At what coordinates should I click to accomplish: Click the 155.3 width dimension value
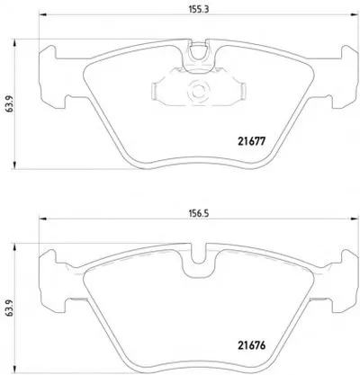[199, 9]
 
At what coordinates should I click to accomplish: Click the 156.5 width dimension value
[199, 213]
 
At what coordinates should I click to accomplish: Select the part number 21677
[252, 141]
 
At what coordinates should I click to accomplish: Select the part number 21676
[252, 345]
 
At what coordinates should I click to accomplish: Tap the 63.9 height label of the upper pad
[10, 104]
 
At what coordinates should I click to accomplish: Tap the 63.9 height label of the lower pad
[10, 309]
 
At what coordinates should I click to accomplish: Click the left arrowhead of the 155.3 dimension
[43, 14]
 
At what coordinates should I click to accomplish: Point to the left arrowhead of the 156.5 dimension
[43, 219]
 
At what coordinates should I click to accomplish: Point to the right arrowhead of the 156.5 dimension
[355, 219]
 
